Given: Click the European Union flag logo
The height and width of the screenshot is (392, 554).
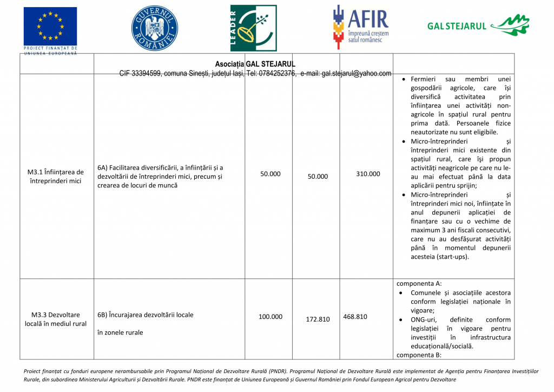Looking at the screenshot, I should click(50, 27).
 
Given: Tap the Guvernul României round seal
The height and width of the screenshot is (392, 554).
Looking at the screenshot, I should click(154, 27).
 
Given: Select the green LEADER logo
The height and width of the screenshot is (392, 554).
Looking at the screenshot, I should click(253, 28).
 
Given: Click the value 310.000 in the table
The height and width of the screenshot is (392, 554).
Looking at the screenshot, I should click(368, 174).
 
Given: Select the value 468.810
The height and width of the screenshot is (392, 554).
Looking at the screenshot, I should click(355, 317).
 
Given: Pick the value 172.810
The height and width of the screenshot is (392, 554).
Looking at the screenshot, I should click(318, 319).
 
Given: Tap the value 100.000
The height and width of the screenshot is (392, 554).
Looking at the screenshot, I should click(270, 317).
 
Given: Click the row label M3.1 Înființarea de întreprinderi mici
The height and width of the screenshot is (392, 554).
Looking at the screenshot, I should click(56, 177).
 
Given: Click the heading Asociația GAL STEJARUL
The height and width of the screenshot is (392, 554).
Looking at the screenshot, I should click(255, 64).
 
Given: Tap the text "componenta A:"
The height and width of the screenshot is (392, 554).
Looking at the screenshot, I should click(419, 283).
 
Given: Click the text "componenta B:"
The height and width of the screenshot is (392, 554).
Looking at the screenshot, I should click(419, 355).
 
